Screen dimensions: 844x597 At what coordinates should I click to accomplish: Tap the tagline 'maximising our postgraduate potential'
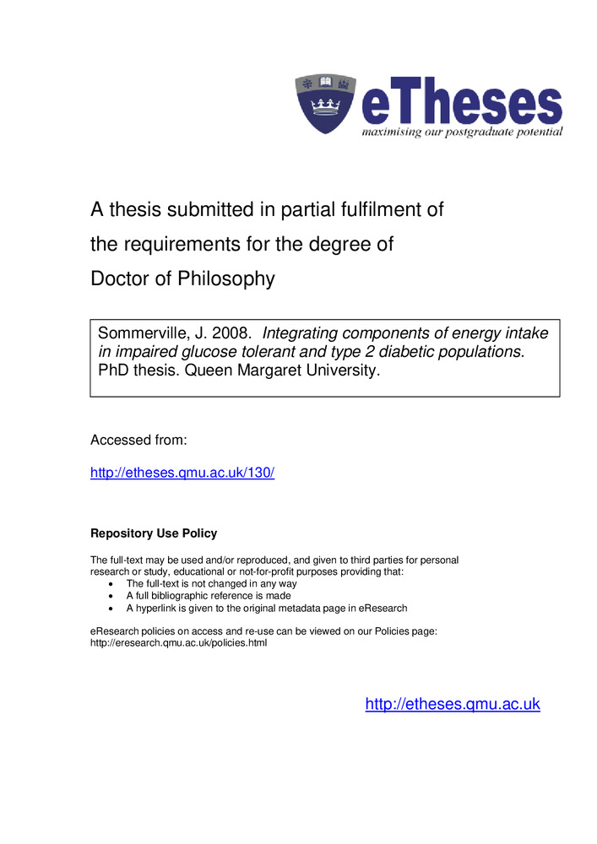click(461, 133)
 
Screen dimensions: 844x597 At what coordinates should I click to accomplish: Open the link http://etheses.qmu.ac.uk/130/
click(182, 473)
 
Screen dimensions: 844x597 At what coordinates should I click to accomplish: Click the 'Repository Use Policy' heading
click(154, 533)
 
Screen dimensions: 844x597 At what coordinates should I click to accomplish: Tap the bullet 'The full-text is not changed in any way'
click(211, 584)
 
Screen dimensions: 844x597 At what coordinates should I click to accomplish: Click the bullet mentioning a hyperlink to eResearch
click(267, 608)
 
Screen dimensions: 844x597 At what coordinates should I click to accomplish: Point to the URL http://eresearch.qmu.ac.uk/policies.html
click(178, 643)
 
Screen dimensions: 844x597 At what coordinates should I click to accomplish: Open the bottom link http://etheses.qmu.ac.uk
click(453, 704)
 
